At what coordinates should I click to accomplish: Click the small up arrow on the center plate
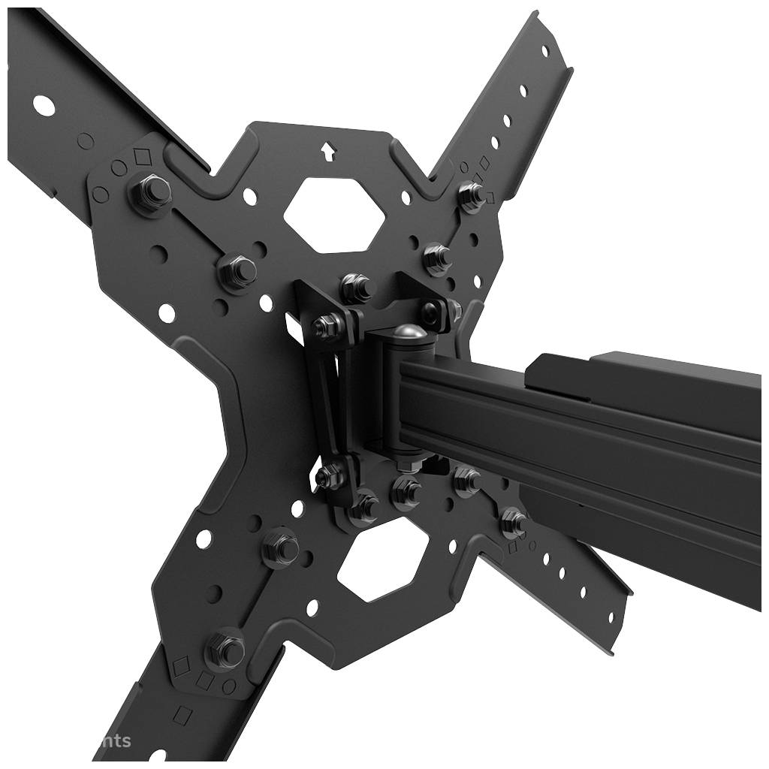pyautogui.click(x=327, y=151)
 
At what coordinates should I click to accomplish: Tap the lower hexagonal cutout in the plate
pyautogui.click(x=382, y=563)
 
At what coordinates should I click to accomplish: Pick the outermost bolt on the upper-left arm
pyautogui.click(x=149, y=193)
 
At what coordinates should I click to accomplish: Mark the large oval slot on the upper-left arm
pyautogui.click(x=44, y=105)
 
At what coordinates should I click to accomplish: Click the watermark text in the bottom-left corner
pyautogui.click(x=113, y=741)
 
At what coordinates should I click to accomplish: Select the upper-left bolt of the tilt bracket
pyautogui.click(x=327, y=324)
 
